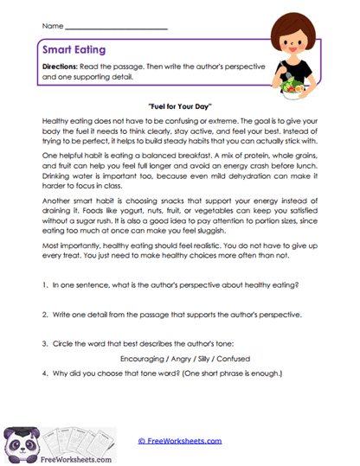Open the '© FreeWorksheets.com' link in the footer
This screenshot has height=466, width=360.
[x=180, y=440]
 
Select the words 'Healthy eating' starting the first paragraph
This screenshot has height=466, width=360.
[x=66, y=123]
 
